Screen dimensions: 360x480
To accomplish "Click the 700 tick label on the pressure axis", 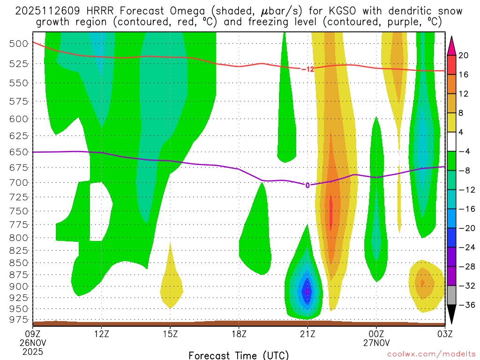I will [19, 182].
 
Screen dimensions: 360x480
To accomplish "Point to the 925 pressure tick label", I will [19, 298].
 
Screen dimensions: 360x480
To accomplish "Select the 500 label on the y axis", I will [19, 44].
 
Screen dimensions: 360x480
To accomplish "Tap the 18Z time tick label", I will [239, 334].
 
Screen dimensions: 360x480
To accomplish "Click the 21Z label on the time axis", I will [307, 334].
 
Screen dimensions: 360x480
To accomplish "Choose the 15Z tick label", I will [170, 334].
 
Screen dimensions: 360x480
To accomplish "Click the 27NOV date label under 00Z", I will [377, 343].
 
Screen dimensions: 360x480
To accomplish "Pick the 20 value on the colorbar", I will [464, 55].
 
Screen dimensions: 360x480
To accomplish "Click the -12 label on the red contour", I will [307, 69].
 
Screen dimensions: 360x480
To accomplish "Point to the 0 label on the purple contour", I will [307, 185].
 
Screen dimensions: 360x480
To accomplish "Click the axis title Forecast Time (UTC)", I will [239, 355].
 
